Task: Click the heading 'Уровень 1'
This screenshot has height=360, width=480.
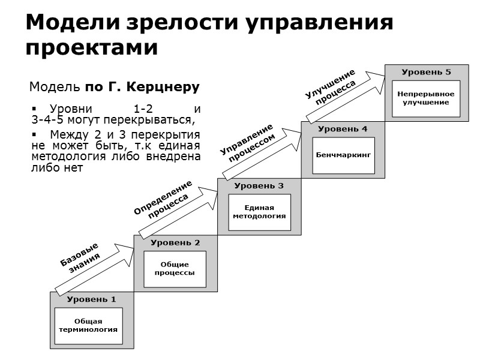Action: point(91,299)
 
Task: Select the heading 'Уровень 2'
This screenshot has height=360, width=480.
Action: point(175,242)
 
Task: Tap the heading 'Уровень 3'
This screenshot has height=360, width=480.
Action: point(259,185)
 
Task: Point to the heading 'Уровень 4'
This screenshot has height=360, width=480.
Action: point(343,129)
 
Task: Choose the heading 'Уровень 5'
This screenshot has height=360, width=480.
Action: point(426,72)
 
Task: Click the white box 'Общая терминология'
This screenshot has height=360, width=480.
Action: point(88,326)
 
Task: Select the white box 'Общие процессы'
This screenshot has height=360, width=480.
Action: point(175,268)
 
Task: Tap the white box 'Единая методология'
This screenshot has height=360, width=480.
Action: point(259,212)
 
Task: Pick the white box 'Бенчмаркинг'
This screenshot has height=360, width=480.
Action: point(343,155)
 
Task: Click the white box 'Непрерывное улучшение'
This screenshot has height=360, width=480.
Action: point(426,98)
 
